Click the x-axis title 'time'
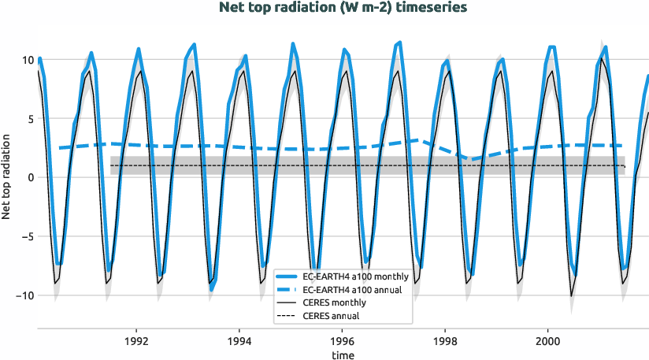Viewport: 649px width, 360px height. coord(343,355)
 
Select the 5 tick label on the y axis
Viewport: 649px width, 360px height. coord(29,119)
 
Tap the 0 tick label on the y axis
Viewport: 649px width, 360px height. coord(29,177)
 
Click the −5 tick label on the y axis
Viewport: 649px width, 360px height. coord(27,236)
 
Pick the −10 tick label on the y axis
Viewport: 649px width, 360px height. coord(24,295)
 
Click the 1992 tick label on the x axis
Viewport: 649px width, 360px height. coord(137,342)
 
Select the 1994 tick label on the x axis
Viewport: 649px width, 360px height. coord(239,342)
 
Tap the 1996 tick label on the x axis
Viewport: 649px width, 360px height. coord(343,342)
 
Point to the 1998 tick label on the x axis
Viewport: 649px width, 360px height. coord(445,342)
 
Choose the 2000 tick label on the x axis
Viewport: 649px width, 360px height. coord(548,342)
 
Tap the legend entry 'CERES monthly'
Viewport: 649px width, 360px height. coord(333,302)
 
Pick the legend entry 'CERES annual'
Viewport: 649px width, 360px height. coord(330,315)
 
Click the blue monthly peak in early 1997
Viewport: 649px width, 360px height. coord(400,43)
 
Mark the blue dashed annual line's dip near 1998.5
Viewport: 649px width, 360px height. coord(471,159)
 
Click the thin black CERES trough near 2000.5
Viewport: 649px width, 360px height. coord(572,295)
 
